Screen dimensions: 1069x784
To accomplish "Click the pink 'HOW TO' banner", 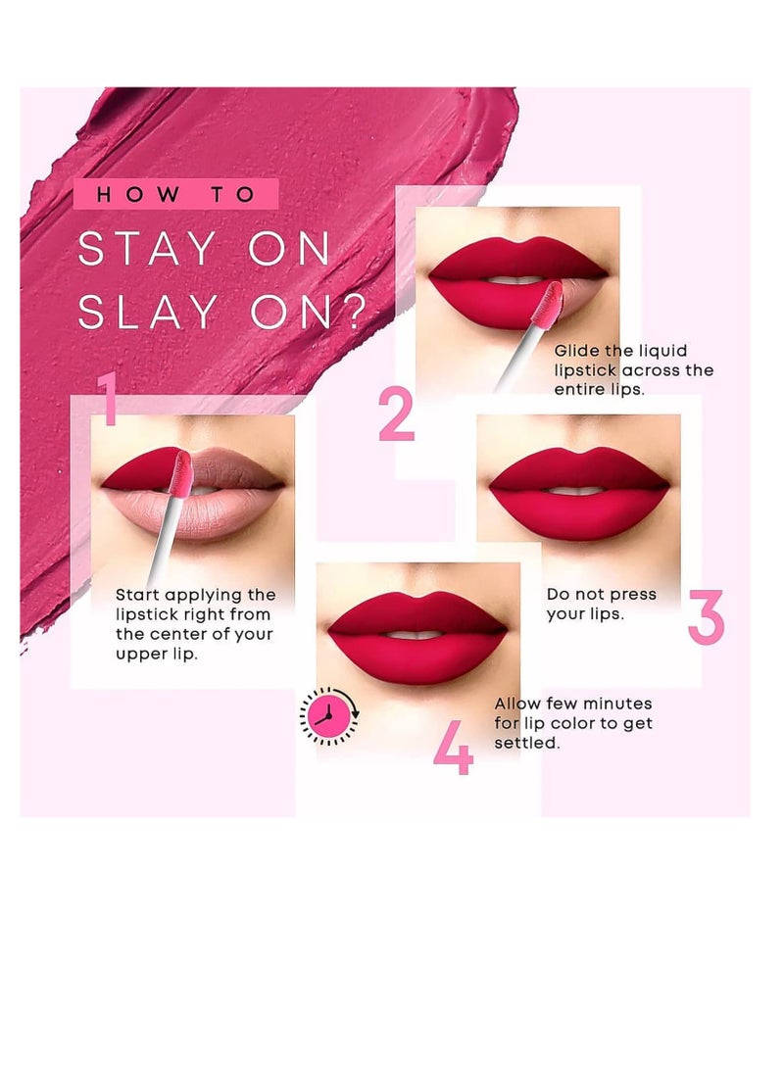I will tap(175, 194).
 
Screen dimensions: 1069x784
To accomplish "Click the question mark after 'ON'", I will tap(351, 312).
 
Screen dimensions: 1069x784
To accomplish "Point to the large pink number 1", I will tap(107, 399).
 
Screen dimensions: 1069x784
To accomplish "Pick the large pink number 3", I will tap(705, 617).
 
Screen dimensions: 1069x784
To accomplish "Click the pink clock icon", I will tap(329, 716).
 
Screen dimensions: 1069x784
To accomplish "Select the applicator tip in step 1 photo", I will tap(180, 469).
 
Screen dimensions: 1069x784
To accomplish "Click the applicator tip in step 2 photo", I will tap(551, 299).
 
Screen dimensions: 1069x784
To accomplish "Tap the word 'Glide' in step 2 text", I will tap(577, 351).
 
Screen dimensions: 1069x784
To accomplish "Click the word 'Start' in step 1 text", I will tap(138, 595).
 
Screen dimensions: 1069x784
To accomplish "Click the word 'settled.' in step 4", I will tap(526, 744).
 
